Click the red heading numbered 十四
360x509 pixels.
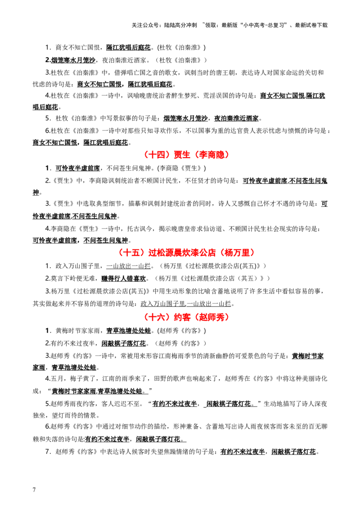point(187,155)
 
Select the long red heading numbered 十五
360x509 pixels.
point(187,253)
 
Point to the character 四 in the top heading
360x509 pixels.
point(158,155)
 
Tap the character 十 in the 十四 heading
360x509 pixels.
point(152,155)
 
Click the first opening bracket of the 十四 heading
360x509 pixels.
point(146,155)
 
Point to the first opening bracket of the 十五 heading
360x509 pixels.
point(121,253)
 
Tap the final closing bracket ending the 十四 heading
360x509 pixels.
point(228,155)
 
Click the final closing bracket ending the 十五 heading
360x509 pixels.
point(253,253)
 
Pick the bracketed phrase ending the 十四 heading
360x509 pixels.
point(212,155)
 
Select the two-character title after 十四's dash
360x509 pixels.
point(179,155)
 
